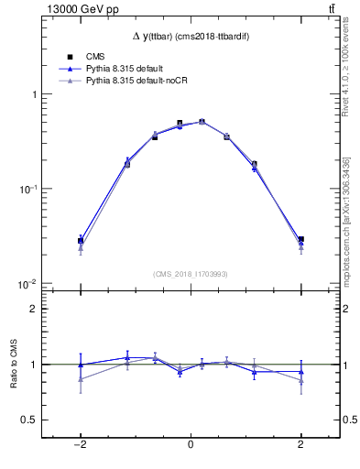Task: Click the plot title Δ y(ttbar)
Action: pos(190,35)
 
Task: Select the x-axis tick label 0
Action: pos(191,444)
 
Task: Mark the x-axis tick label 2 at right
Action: pos(300,444)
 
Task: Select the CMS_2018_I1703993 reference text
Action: pos(191,274)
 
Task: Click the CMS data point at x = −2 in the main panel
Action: pos(81,240)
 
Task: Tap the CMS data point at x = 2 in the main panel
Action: pos(300,239)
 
